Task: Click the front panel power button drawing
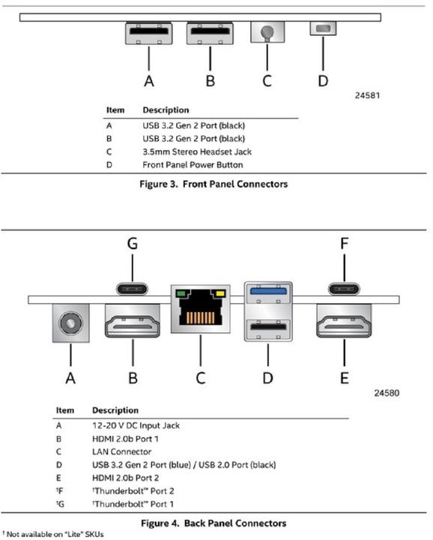[x=323, y=28]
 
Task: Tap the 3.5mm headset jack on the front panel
[x=267, y=32]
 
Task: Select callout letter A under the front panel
[x=149, y=81]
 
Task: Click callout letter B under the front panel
[x=211, y=81]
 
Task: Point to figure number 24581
[x=367, y=95]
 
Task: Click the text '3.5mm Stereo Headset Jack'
[x=197, y=151]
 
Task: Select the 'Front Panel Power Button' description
[x=193, y=165]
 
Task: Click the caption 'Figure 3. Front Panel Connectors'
[x=214, y=184]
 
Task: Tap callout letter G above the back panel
[x=133, y=244]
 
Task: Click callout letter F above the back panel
[x=345, y=244]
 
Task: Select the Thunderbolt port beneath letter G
[x=133, y=289]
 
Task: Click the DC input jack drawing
[x=71, y=323]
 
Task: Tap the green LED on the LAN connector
[x=181, y=294]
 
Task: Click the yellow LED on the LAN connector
[x=220, y=294]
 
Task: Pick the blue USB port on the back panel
[x=268, y=291]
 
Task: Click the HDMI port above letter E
[x=344, y=321]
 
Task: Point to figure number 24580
[x=387, y=393]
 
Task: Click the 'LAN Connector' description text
[x=122, y=451]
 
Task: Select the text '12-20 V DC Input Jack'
[x=136, y=426]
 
